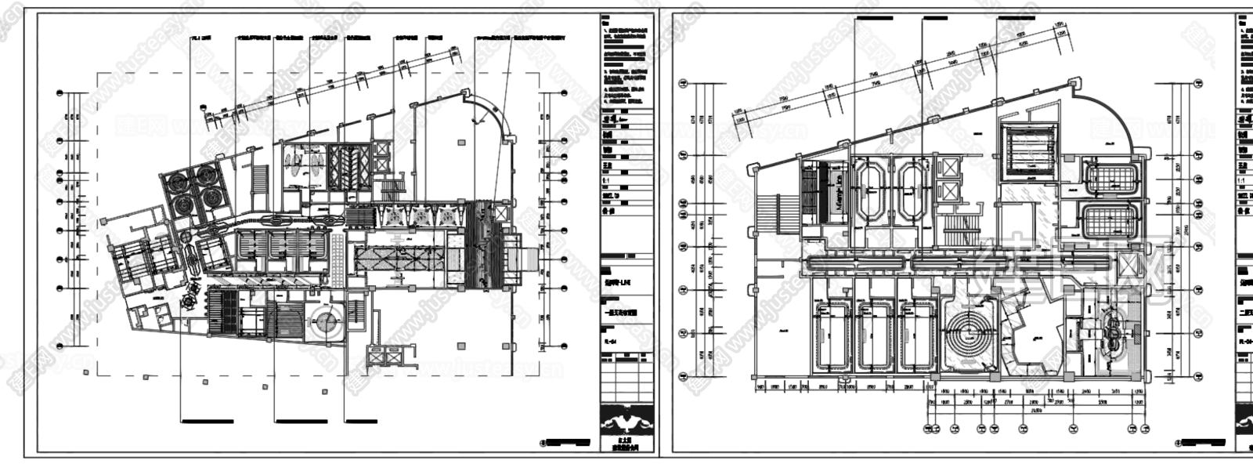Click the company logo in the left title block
(626, 425)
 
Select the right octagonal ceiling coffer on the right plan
(912, 190)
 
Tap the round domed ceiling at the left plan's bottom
(324, 321)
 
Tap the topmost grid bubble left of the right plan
(683, 82)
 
